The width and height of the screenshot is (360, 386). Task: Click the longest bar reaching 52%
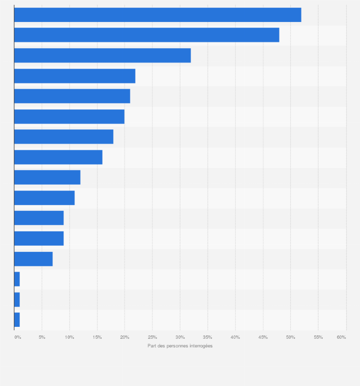(158, 15)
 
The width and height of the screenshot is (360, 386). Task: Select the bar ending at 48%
(147, 35)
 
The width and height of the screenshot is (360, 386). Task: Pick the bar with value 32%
(102, 55)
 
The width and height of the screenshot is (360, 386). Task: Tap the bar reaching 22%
(74, 76)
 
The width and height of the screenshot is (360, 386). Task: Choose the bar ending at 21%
(72, 96)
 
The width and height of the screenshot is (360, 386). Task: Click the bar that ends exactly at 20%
(69, 116)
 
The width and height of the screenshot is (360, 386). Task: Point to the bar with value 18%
(64, 136)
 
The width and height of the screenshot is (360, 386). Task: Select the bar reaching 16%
(58, 157)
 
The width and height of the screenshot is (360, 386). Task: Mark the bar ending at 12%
(47, 177)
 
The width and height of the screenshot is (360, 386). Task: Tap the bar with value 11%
(44, 198)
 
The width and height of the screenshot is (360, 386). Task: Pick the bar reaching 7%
(33, 259)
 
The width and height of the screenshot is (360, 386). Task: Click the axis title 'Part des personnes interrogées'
(180, 346)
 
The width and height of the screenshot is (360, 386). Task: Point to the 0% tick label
(18, 337)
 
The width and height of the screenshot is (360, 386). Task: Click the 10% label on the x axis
(70, 337)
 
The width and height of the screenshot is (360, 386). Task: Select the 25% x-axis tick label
(152, 337)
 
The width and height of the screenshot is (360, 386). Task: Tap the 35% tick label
(208, 337)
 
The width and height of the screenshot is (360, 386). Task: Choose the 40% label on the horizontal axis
(235, 337)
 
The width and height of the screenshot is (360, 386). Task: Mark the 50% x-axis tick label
(290, 337)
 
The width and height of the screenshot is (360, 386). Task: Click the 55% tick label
(318, 337)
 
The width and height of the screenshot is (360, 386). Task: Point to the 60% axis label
(341, 337)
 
